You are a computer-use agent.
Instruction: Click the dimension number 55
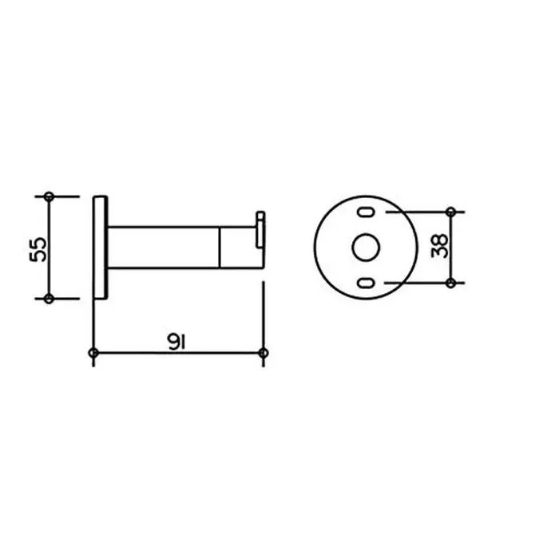coord(38,249)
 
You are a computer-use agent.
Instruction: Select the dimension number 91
coord(176,342)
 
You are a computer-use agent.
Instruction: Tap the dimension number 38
coord(439,246)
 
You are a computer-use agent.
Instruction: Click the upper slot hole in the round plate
coord(366,212)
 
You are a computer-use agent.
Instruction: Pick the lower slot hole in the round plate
coord(366,283)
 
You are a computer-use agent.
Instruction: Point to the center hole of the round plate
coord(366,248)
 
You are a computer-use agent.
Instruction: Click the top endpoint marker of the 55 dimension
coord(50,196)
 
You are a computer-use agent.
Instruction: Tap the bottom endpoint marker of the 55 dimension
coord(50,299)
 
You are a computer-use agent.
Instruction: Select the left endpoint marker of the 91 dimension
coord(93,353)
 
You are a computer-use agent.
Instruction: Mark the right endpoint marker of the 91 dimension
coord(264,353)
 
